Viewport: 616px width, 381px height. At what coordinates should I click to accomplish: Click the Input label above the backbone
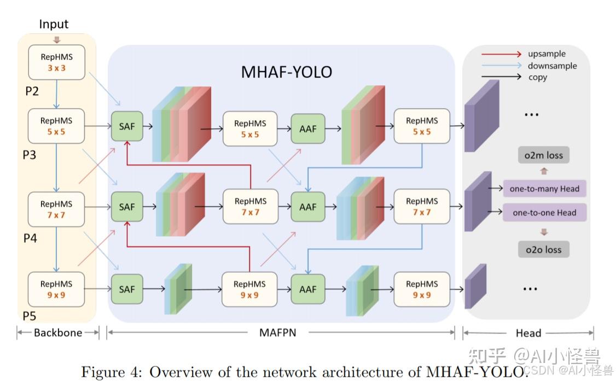[54, 24]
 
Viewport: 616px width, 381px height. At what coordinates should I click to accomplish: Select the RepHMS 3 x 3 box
[56, 62]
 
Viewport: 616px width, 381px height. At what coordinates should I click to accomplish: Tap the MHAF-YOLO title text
[286, 72]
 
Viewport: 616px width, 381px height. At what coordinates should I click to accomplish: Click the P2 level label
[32, 91]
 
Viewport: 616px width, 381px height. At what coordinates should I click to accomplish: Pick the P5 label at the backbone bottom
[30, 315]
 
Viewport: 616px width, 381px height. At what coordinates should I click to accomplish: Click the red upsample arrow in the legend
[501, 54]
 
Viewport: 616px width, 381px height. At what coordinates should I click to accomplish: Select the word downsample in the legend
[552, 66]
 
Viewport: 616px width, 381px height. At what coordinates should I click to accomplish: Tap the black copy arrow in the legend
[501, 77]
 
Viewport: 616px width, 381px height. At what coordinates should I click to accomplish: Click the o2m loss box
[543, 155]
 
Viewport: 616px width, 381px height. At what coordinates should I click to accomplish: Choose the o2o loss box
[543, 249]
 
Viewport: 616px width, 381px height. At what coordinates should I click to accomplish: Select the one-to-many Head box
[544, 189]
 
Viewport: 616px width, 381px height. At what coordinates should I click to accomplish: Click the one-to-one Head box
[544, 213]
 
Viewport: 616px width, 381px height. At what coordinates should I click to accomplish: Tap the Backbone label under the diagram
[58, 332]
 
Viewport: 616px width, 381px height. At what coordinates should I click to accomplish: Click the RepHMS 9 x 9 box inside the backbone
[56, 289]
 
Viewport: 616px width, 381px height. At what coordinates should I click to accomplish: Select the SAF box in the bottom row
[126, 289]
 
